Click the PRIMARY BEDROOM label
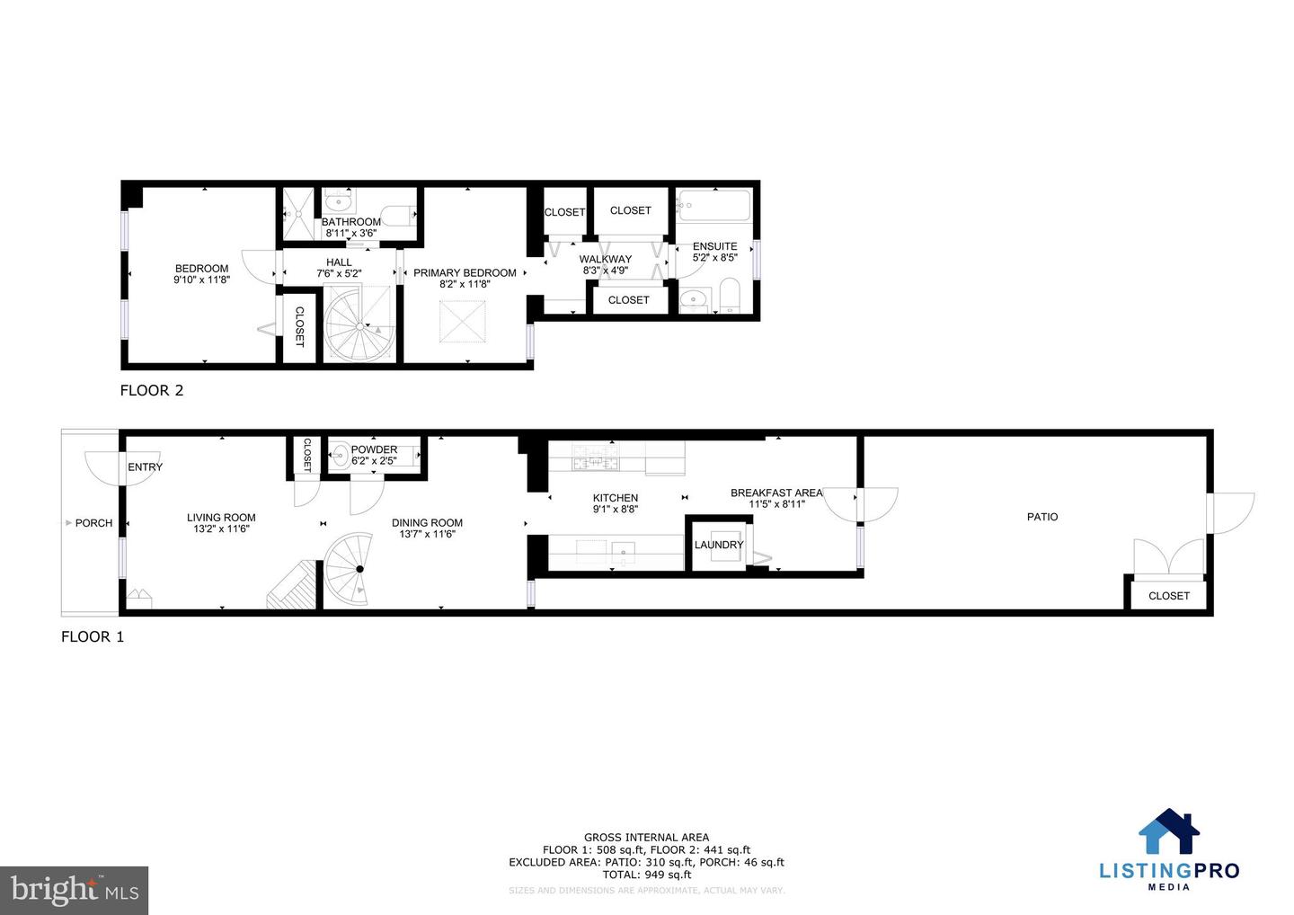465,273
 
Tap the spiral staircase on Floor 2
359,324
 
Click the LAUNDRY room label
719,545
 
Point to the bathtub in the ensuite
714,206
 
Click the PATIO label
1042,517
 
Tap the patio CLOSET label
1168,596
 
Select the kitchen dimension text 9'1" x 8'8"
616,509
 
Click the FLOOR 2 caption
152,390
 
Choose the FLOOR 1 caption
93,637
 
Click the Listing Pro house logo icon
1169,832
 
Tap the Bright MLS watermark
75,890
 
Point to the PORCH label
93,523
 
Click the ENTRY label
145,467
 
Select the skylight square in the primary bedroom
465,321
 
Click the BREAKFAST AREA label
776,493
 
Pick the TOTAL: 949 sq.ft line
646,875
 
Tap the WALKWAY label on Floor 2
605,259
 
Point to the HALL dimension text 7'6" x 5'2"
339,273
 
